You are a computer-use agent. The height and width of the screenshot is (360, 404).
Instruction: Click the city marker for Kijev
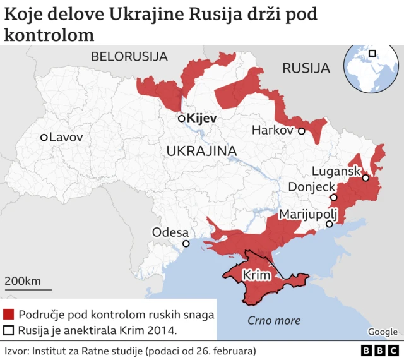click(x=181, y=118)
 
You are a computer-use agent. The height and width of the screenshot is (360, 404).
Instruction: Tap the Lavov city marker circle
click(x=44, y=137)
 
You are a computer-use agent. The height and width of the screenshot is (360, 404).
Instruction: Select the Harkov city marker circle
click(x=302, y=131)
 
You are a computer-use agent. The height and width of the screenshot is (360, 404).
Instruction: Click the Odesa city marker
click(x=186, y=244)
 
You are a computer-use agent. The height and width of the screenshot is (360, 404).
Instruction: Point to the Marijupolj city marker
click(x=329, y=224)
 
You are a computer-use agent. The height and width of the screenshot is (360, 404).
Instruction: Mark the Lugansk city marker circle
click(x=365, y=178)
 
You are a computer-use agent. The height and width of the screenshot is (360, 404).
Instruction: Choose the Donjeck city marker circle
click(x=333, y=198)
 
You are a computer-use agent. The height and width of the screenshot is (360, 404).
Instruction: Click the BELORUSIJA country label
click(x=129, y=56)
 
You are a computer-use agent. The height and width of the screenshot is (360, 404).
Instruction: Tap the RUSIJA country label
click(x=306, y=68)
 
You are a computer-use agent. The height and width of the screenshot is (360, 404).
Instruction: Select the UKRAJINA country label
click(x=201, y=150)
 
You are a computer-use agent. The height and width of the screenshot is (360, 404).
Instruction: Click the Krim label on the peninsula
click(x=257, y=276)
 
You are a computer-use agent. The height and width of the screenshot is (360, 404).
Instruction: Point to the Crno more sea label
click(x=273, y=320)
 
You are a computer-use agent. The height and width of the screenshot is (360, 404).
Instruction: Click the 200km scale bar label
click(x=23, y=280)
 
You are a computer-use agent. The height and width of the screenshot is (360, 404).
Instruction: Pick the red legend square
click(x=9, y=314)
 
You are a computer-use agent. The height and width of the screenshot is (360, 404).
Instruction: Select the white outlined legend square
click(x=9, y=330)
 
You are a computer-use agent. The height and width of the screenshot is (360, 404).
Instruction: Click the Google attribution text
click(x=383, y=332)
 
